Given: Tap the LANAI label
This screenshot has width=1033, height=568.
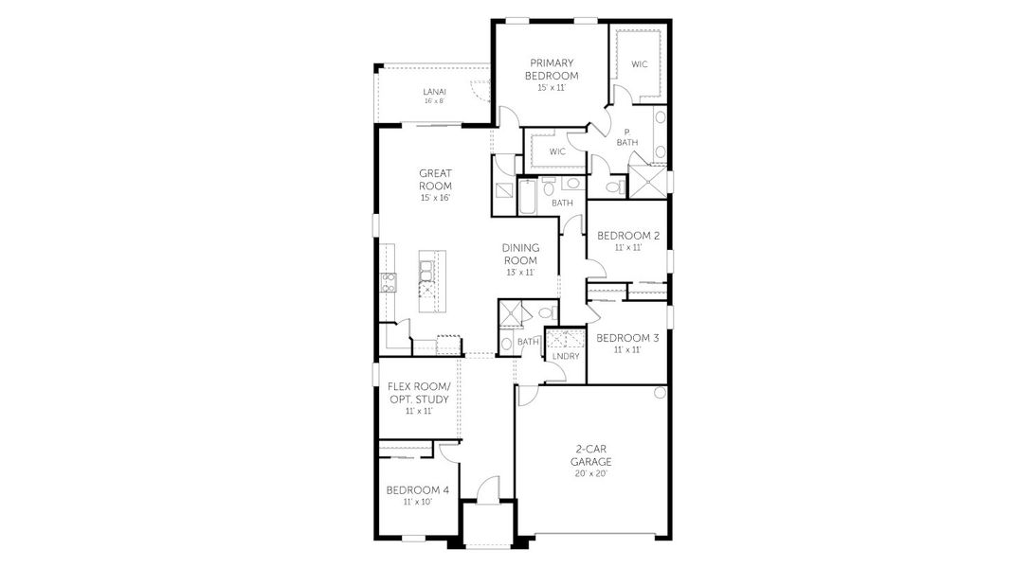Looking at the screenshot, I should point(434,91).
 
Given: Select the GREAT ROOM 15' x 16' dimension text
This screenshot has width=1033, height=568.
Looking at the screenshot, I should point(434,198).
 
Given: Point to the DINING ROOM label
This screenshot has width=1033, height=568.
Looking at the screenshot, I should point(519,255).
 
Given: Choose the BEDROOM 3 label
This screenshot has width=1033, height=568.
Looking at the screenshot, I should point(627,338).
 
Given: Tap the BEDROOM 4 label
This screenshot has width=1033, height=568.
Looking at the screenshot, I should point(417,489).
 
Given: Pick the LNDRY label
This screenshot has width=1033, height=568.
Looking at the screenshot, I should point(565,356).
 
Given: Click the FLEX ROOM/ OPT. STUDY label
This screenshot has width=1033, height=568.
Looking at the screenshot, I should point(419,393).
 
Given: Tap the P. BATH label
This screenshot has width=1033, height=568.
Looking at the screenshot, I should point(627,137).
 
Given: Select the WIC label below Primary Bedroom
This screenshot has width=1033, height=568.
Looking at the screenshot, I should point(557,151).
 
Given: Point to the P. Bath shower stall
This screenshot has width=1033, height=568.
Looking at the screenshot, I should point(647,183).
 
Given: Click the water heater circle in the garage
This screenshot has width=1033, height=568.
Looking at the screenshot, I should point(661,392).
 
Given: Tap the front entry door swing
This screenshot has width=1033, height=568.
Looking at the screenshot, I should point(487,489).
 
